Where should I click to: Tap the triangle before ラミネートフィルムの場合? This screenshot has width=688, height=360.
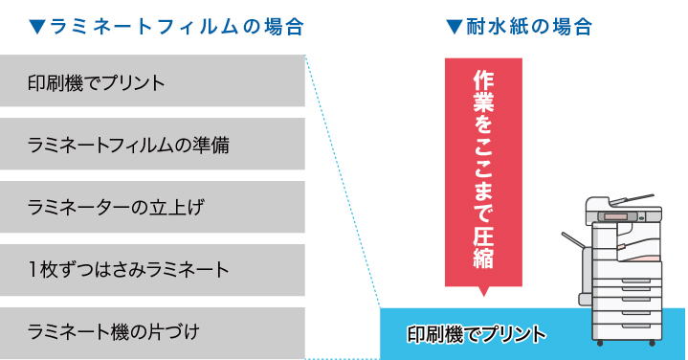pyautogui.click(x=37, y=27)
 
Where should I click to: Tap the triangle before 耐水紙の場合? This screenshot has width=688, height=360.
pyautogui.click(x=455, y=27)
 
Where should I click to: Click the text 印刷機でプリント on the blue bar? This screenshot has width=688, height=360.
pyautogui.click(x=476, y=334)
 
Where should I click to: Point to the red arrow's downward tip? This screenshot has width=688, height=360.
pyautogui.click(x=483, y=292)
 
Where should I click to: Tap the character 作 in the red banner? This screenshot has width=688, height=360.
pyautogui.click(x=483, y=82)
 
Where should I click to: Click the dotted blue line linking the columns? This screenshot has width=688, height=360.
pyautogui.click(x=342, y=182)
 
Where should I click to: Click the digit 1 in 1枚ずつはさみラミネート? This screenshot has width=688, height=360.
pyautogui.click(x=34, y=269)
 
